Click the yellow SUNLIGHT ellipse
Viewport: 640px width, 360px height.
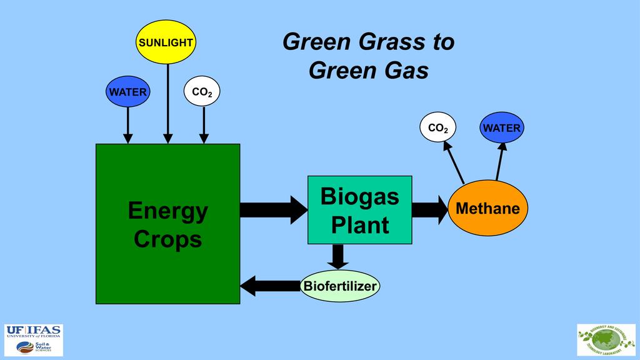(166, 42)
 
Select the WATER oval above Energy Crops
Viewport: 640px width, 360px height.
(127, 92)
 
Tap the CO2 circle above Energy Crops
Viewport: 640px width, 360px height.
(202, 92)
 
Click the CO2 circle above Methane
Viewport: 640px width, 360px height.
(437, 128)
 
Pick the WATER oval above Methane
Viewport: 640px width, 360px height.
(501, 128)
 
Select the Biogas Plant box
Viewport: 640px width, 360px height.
(359, 210)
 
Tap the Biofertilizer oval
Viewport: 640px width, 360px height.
(340, 286)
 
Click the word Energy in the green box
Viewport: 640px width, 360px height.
(167, 211)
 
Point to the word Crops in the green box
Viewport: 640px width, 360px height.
(167, 239)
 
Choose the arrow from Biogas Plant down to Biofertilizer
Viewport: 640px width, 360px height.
(338, 256)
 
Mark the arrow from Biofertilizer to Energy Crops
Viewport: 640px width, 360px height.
(269, 286)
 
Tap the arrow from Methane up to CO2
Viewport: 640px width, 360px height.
(454, 162)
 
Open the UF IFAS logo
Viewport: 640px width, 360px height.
(34, 340)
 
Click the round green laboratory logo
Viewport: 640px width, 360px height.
(606, 340)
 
